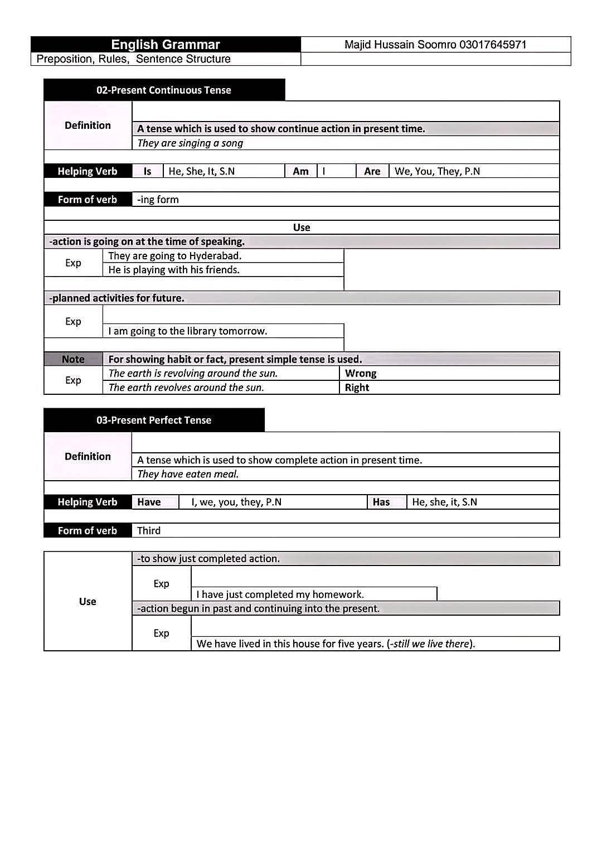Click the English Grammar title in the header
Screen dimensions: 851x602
point(166,45)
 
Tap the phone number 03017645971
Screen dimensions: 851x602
point(493,45)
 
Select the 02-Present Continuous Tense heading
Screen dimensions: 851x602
point(163,90)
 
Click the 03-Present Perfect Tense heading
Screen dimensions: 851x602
point(154,420)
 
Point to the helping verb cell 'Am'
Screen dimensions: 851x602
point(300,171)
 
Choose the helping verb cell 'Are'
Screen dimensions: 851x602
point(372,171)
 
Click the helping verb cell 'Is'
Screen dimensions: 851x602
point(147,171)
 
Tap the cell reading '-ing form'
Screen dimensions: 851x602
point(158,200)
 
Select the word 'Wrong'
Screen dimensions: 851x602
point(361,373)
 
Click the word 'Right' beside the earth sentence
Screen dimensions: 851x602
point(357,388)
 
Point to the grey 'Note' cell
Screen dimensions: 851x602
point(73,359)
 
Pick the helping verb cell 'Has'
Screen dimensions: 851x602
point(381,502)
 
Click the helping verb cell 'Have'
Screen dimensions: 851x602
point(149,502)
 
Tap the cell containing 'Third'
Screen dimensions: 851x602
point(149,530)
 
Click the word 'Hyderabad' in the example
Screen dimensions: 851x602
point(215,256)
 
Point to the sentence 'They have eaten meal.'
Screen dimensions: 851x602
point(188,474)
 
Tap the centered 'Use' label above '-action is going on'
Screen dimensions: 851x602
point(302,228)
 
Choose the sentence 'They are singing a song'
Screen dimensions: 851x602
point(190,143)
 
